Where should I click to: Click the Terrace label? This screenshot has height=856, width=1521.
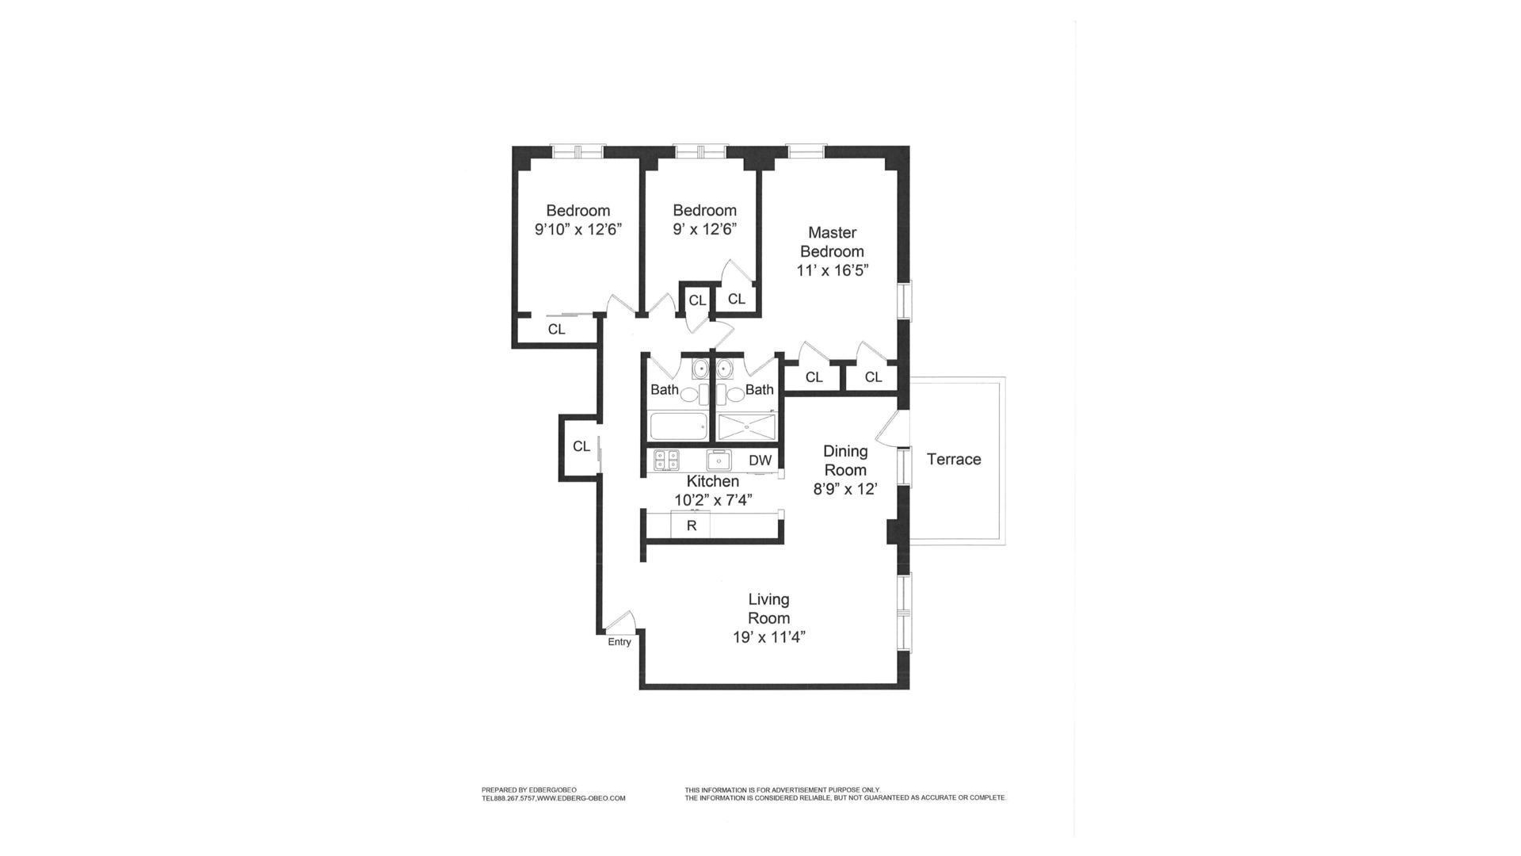[x=954, y=459]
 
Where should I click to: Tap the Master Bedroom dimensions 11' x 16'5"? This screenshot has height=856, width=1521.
[x=832, y=270]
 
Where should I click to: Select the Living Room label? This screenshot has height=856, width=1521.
[x=768, y=609]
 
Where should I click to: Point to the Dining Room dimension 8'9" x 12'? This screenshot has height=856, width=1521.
[x=845, y=489]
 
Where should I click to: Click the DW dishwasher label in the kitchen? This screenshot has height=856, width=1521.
[x=760, y=460]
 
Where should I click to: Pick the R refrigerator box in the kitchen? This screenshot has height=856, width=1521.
[x=691, y=525]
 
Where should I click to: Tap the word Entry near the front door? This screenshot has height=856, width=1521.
[x=619, y=642]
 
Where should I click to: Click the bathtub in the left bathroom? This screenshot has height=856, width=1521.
[x=678, y=427]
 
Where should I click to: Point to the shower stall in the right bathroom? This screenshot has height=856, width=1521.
[x=746, y=427]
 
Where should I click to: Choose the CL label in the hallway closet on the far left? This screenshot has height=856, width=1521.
[x=581, y=447]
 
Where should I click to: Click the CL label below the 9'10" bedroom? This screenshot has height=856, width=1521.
[x=556, y=329]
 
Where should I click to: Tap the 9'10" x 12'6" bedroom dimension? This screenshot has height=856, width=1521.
[x=578, y=230]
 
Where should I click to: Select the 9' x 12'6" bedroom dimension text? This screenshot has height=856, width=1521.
[x=704, y=230]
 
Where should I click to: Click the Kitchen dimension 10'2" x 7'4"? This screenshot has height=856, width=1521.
[x=713, y=500]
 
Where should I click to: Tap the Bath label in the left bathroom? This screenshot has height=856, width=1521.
[x=665, y=390]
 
